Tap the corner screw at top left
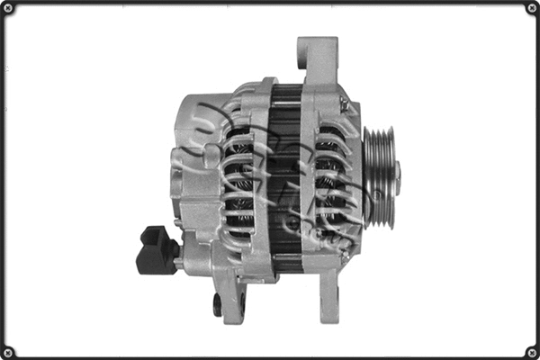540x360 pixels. tap(9, 9)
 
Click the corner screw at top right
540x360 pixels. tap(531, 9)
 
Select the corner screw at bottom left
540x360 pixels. tap(9, 351)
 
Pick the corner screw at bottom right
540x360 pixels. tap(531, 351)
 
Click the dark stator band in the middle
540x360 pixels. tap(286, 171)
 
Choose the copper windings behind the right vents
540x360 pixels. tap(326, 180)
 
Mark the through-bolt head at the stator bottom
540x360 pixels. tap(286, 260)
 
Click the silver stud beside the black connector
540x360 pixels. tap(179, 262)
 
